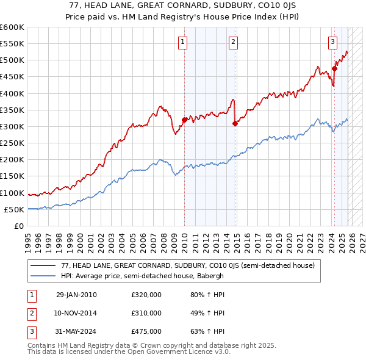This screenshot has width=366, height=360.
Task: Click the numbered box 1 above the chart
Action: tap(183, 42)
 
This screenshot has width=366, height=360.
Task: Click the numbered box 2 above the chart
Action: tap(234, 42)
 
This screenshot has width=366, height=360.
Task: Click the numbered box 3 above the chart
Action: tap(332, 42)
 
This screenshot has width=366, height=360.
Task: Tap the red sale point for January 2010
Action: tap(185, 120)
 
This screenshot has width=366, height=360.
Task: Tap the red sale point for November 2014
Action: tap(235, 123)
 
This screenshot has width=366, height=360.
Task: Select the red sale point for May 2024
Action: tap(334, 68)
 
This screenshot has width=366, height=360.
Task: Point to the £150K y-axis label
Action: tap(12, 176)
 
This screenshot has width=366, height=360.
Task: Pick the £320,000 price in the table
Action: tap(146, 295)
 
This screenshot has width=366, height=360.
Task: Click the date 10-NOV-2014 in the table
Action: tap(76, 313)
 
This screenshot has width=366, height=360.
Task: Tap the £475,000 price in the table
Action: tap(146, 331)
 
